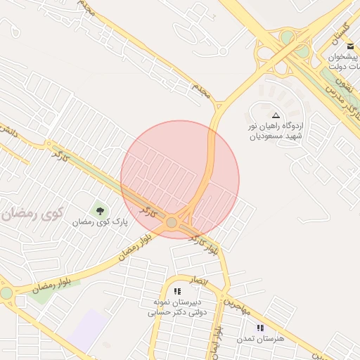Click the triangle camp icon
point(276,115)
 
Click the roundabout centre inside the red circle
point(172,223)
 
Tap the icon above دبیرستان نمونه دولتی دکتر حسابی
point(177,290)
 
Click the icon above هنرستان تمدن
point(260,328)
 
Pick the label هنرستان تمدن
point(260,339)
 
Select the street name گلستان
point(340,31)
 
